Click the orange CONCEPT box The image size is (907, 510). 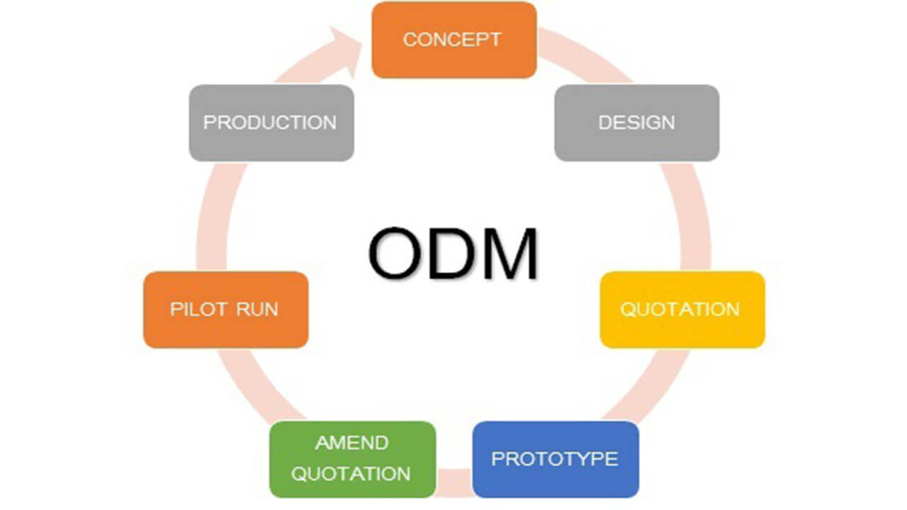pyautogui.click(x=453, y=40)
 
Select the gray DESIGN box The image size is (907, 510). pyautogui.click(x=636, y=123)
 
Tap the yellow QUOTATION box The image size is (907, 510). pyautogui.click(x=682, y=310)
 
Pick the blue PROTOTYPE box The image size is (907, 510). pyautogui.click(x=555, y=458)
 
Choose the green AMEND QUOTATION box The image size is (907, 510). pyautogui.click(x=351, y=458)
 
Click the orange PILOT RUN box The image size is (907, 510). pyautogui.click(x=225, y=310)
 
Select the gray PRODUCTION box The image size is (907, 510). pyautogui.click(x=271, y=123)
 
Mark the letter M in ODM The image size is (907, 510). pyautogui.click(x=508, y=254)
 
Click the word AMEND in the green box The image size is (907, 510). pyautogui.click(x=351, y=443)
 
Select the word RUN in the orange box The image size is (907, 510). pyautogui.click(x=257, y=310)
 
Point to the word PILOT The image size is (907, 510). pyautogui.click(x=198, y=310)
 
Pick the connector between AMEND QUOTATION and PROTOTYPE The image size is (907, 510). pyautogui.click(x=453, y=479)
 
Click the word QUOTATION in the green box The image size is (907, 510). pyautogui.click(x=351, y=474)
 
